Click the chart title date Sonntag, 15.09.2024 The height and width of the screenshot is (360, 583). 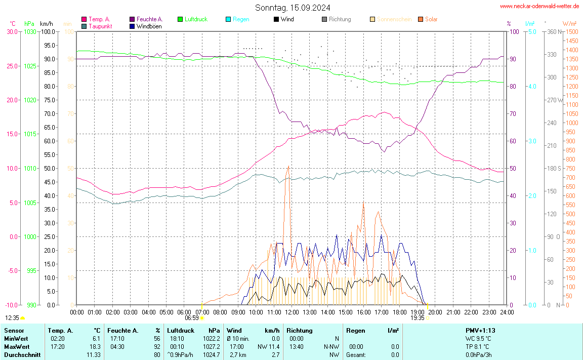pos(293,8)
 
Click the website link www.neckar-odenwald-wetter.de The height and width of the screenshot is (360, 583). pos(539,6)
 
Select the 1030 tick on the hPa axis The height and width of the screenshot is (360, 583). pos(30,31)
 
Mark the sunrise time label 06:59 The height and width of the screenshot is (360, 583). pos(191,318)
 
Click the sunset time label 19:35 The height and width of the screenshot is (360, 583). pos(417,318)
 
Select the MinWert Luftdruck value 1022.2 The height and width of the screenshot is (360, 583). pos(212,338)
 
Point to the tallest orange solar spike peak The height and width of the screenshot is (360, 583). pos(288,166)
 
